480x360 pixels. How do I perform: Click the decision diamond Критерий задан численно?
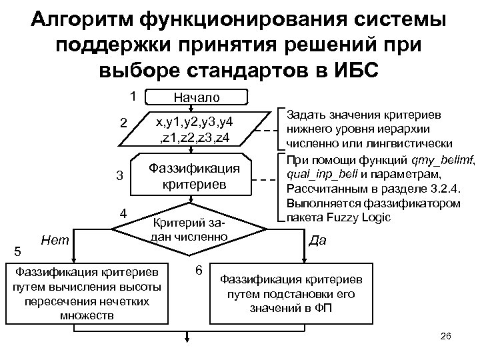point(191,230)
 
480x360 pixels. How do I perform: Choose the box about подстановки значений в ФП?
point(291,293)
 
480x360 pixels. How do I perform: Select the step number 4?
point(123,214)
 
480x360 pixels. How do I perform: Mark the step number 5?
point(17,251)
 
